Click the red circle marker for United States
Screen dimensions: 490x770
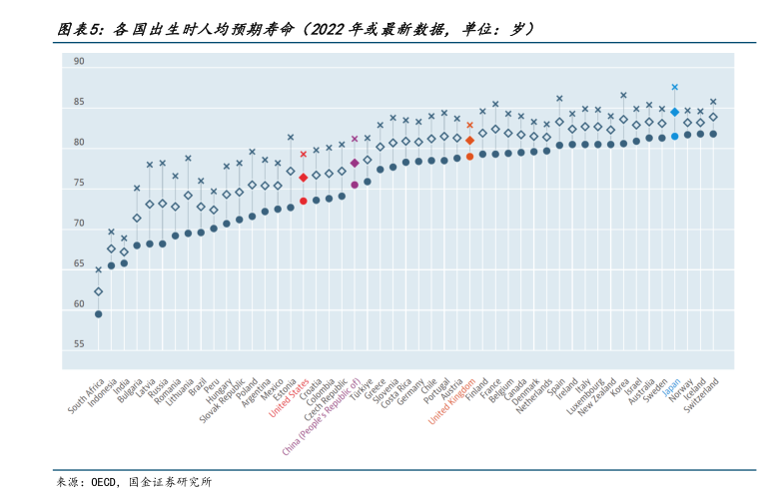[x=303, y=201]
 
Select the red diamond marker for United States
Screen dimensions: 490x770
[x=303, y=178]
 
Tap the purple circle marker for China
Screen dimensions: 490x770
[x=355, y=185]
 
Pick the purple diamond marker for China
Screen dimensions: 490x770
[x=355, y=163]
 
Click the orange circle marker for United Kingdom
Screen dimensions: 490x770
[x=469, y=157]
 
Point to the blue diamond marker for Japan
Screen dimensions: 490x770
[x=675, y=113]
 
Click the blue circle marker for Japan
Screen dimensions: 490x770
[x=675, y=136]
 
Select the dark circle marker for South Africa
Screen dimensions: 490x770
[x=98, y=314]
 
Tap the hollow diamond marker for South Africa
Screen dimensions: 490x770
[x=98, y=292]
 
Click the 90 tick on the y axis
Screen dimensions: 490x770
[x=79, y=62]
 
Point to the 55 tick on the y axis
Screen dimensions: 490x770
[x=79, y=344]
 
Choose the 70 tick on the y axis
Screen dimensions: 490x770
[x=79, y=224]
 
